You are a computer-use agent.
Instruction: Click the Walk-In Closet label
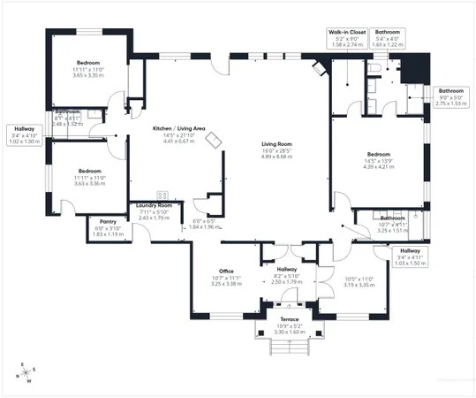click(347, 31)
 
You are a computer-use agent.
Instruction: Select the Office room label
click(226, 271)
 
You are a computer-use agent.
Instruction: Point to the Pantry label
click(109, 221)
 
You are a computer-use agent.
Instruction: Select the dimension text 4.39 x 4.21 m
click(376, 166)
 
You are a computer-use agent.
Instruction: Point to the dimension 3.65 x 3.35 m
click(88, 75)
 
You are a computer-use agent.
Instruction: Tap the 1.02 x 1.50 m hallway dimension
click(25, 141)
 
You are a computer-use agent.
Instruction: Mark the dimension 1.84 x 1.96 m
click(208, 226)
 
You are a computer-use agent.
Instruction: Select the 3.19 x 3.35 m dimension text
click(359, 286)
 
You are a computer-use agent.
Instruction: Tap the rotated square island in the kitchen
click(213, 139)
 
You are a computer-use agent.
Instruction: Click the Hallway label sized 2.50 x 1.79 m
click(287, 269)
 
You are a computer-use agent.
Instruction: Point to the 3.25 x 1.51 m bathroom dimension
click(393, 230)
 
